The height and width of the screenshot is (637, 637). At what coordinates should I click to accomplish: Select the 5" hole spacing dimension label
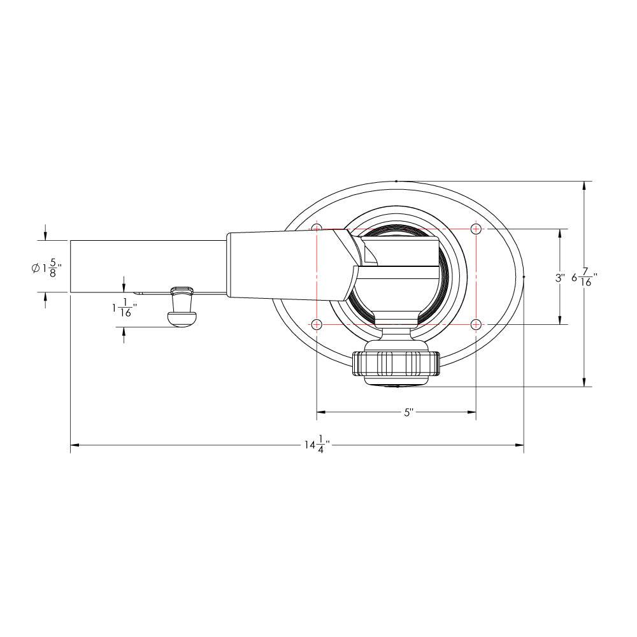[409, 412]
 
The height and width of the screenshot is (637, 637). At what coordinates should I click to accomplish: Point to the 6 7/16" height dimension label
[584, 278]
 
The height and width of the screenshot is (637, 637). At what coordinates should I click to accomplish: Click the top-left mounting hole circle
[317, 229]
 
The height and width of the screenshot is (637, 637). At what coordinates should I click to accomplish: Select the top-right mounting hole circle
[476, 229]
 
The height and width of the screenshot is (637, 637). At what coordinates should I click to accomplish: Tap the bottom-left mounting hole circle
[317, 324]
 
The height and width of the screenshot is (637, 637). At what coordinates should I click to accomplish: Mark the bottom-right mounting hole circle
[476, 324]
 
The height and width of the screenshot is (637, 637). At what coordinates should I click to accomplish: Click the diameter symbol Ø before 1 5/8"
[35, 268]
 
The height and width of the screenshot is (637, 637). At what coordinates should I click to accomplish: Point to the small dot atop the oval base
[396, 182]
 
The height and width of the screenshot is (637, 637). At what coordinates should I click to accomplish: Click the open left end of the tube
[71, 267]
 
